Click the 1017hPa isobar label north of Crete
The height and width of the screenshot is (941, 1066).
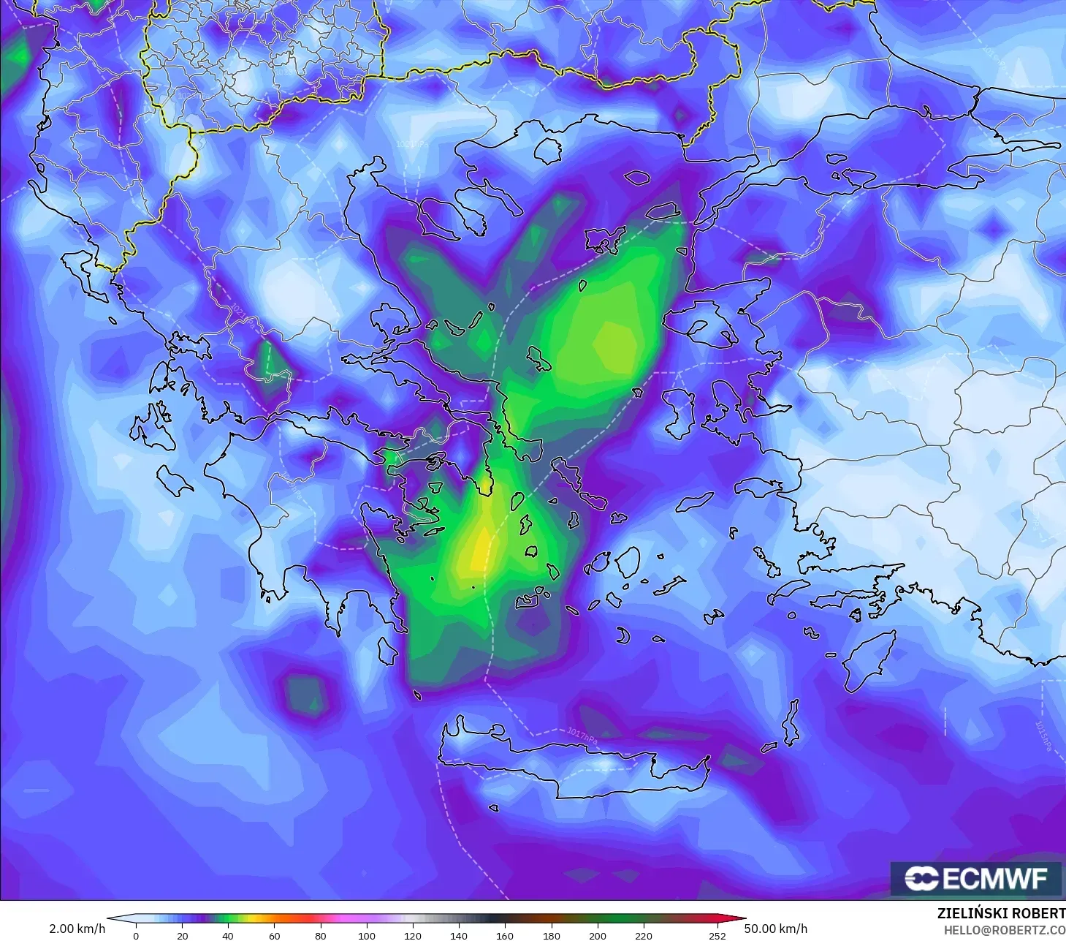coord(582,735)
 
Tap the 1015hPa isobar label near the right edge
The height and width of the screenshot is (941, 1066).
coord(1043,735)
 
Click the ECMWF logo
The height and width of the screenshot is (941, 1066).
coord(975,878)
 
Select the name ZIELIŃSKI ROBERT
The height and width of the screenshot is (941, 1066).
coord(1001,913)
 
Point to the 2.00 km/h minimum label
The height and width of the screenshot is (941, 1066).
coord(77,929)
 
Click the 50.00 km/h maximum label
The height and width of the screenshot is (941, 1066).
coord(775,929)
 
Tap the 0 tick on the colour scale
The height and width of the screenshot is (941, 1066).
coord(136,935)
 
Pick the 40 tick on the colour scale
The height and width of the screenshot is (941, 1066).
coord(228,935)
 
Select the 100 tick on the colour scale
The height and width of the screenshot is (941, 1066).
coord(366,935)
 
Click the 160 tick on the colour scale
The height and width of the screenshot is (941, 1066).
coord(505,935)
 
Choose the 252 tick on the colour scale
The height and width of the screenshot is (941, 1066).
coord(717,935)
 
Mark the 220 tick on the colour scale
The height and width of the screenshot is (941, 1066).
coord(643,935)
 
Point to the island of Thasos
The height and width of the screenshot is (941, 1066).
coord(548,150)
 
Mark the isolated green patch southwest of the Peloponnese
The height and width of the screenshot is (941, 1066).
coord(307,692)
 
